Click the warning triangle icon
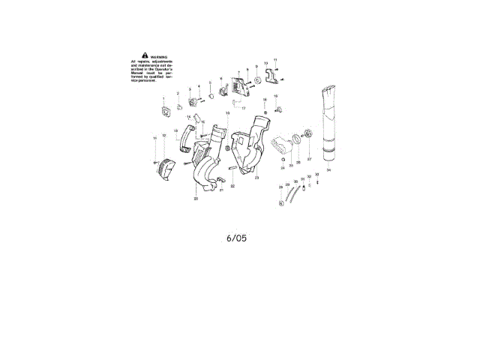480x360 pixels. pyautogui.click(x=136, y=56)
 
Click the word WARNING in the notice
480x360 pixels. pyautogui.click(x=158, y=57)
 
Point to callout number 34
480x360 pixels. pyautogui.click(x=328, y=171)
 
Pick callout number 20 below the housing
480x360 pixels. pyautogui.click(x=196, y=199)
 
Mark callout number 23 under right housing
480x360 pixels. pyautogui.click(x=256, y=178)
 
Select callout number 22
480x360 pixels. pyautogui.click(x=232, y=186)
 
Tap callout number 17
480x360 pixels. pyautogui.click(x=243, y=109)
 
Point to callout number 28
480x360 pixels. pyautogui.click(x=280, y=187)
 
